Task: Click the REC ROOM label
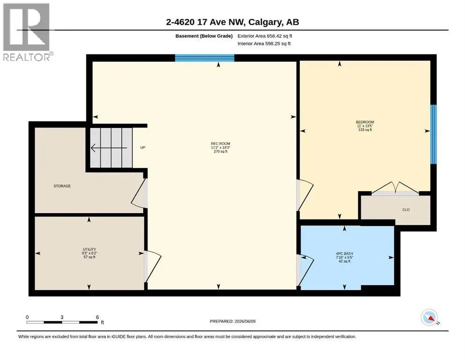[x=221, y=143]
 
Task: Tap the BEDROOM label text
[x=365, y=122]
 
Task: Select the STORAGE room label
[x=62, y=186]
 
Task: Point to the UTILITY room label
[x=89, y=249]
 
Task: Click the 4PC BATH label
[x=344, y=254]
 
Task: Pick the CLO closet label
[x=406, y=210]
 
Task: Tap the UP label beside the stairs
[x=143, y=148]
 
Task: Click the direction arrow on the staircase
[x=109, y=148]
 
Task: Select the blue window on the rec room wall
[x=205, y=58]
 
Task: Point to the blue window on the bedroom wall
[x=433, y=134]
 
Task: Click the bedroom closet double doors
[x=395, y=188]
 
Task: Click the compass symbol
[x=429, y=317]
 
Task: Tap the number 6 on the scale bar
[x=97, y=317]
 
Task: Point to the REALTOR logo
[x=27, y=32]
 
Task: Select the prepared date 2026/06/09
[x=245, y=322]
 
